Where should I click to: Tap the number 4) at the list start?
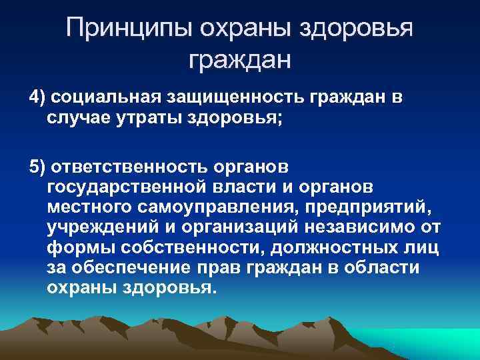tap(37, 99)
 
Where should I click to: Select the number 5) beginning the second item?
tap(37, 166)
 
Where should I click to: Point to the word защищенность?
tap(231, 99)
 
